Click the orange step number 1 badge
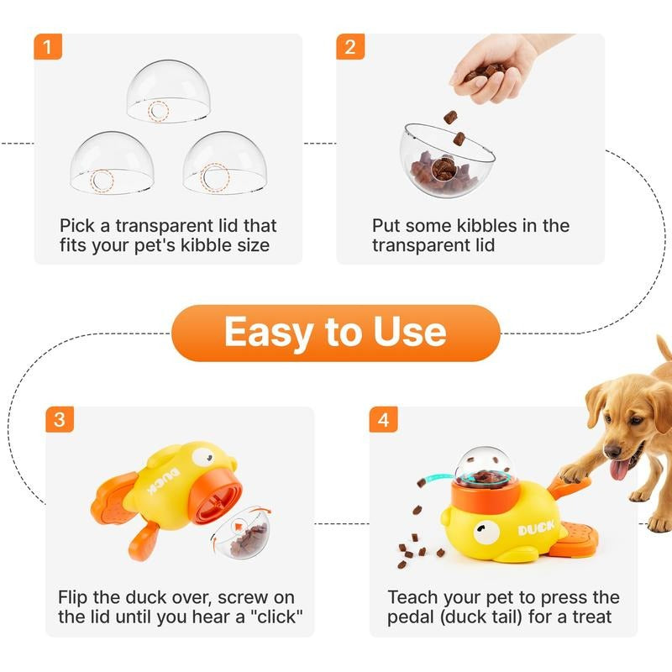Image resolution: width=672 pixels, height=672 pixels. [48, 47]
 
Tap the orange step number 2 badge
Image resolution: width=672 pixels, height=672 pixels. [350, 47]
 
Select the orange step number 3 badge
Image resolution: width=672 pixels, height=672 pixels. [58, 420]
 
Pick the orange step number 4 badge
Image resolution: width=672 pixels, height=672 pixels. [383, 420]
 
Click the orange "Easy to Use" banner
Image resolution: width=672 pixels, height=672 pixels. [335, 333]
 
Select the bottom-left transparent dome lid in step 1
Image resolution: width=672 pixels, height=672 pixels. [112, 164]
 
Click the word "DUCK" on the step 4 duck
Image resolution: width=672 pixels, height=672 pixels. [536, 530]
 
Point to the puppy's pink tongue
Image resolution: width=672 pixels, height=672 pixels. [619, 469]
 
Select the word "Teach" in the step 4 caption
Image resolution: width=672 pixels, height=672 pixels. [412, 597]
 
